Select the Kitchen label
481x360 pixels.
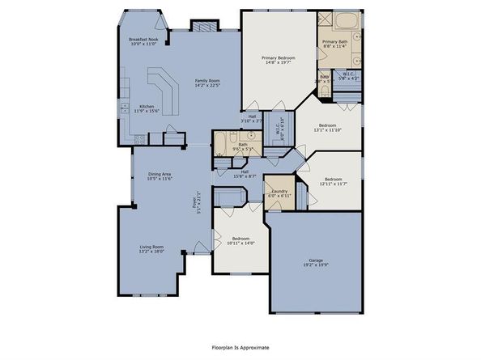click(x=147, y=108)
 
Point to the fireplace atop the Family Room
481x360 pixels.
click(x=202, y=26)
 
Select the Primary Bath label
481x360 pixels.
click(x=334, y=44)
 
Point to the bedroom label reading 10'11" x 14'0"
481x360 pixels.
click(x=240, y=240)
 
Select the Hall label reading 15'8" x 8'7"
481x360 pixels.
click(x=244, y=173)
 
